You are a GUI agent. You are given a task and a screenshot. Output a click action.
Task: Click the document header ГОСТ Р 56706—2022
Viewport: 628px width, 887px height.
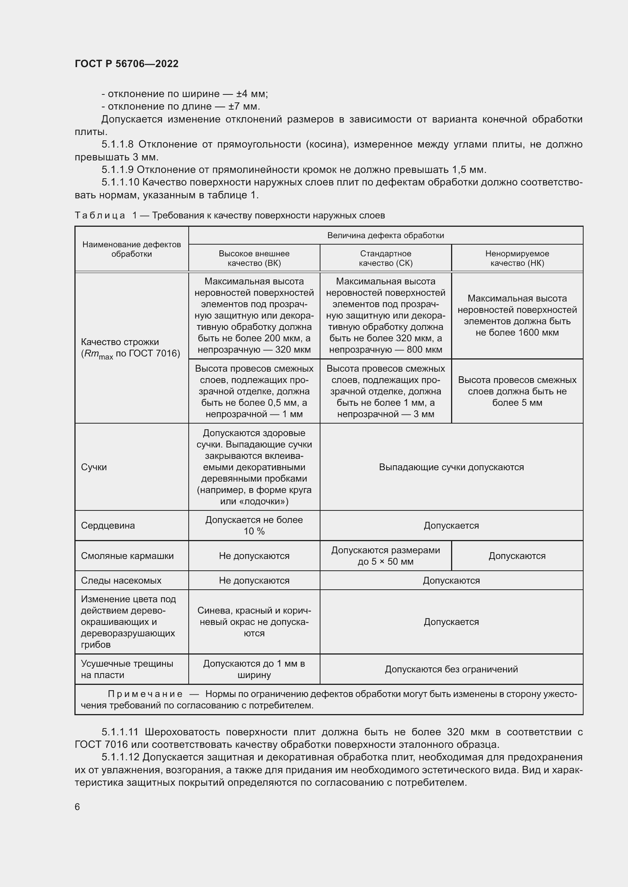[126, 64]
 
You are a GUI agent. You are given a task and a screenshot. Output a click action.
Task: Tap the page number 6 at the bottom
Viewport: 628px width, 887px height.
[77, 807]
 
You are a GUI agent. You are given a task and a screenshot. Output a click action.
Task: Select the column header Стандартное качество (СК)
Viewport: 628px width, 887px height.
[385, 258]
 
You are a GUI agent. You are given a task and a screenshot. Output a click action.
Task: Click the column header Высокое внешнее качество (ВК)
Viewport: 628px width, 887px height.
[254, 258]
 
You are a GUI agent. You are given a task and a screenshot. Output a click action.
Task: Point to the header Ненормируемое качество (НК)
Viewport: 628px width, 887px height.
[517, 258]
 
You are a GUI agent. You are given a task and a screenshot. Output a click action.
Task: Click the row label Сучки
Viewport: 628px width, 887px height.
[94, 467]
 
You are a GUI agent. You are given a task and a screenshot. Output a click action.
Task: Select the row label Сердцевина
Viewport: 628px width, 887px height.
[108, 525]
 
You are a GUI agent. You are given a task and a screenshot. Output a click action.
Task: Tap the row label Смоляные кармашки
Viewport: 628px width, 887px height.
[127, 556]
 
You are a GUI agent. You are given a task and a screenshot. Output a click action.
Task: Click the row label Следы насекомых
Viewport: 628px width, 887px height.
[121, 580]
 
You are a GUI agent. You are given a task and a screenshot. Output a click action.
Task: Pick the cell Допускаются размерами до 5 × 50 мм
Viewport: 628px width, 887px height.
[385, 556]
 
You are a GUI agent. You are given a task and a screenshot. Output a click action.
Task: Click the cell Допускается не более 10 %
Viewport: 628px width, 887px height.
[254, 525]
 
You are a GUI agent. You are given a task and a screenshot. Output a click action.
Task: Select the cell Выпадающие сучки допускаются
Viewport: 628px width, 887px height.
[451, 467]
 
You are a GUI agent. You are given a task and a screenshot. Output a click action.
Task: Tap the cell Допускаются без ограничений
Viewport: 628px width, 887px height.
[451, 669]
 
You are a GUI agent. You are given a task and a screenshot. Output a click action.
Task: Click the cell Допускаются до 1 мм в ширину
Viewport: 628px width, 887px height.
[254, 669]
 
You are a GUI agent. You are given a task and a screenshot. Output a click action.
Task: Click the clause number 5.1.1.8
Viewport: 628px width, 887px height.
[118, 144]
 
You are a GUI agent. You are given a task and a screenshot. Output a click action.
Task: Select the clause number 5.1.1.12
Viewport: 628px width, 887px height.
[120, 757]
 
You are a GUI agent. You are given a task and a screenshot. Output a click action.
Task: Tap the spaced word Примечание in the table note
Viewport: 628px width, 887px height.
[145, 694]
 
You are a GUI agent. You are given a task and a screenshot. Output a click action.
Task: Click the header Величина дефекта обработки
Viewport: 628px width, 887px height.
[385, 235]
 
